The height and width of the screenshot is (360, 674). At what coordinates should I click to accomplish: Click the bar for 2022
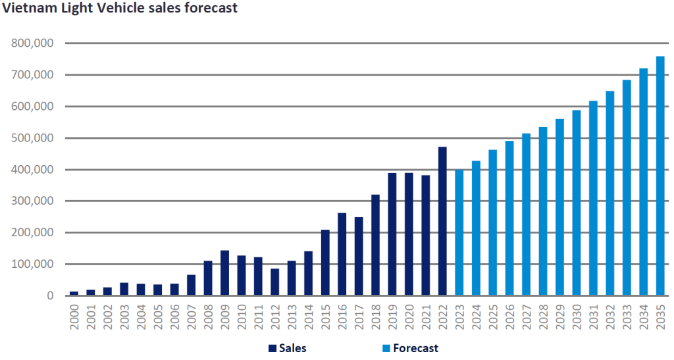[442, 221]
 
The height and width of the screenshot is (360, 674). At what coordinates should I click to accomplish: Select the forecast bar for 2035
[660, 176]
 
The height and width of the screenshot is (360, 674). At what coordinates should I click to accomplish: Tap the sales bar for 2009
[224, 273]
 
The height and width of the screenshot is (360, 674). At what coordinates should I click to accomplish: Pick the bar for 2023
[459, 232]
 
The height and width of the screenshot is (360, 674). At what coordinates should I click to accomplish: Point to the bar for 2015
[325, 263]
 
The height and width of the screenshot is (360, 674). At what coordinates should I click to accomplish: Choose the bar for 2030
[577, 203]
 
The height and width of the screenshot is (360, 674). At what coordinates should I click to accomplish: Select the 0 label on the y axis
[49, 296]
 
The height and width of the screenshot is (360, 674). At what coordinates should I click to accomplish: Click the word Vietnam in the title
[26, 9]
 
